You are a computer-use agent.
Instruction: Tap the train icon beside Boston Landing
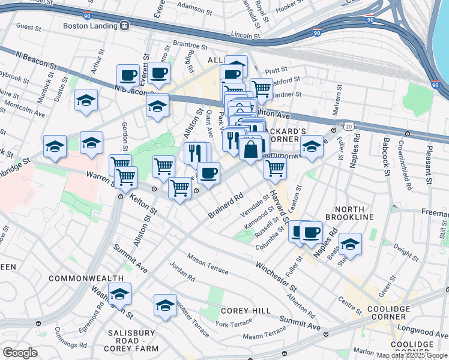point(125,26)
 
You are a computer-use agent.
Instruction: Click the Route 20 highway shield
point(349,126)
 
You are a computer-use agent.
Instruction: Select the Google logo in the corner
point(20,352)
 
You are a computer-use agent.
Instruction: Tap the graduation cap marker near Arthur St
point(86,100)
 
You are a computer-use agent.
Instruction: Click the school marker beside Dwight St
point(350,244)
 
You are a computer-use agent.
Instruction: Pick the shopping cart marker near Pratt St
point(261,89)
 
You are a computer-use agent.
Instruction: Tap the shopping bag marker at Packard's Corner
point(250,148)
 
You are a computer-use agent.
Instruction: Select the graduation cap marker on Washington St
point(119,293)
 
